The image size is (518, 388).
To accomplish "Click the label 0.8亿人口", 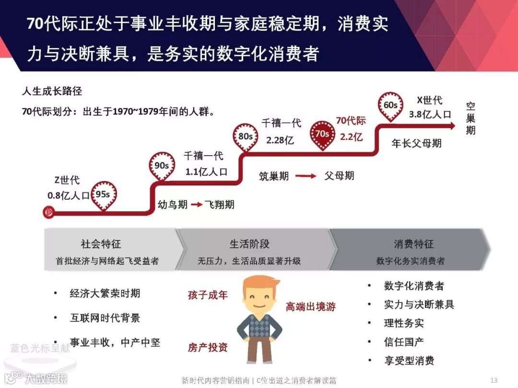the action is click(68, 195).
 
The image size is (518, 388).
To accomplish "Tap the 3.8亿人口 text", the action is click(430, 114).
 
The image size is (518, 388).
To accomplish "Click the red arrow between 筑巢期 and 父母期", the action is click(306, 176).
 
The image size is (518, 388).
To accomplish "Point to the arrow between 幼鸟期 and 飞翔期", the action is click(197, 205).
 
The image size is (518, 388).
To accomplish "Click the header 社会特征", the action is click(101, 244).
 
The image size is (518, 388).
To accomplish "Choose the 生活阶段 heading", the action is click(249, 244).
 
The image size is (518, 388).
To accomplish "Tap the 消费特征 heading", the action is click(413, 244).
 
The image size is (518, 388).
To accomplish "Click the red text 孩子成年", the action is click(208, 295).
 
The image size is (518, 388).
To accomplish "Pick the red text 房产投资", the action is click(208, 347).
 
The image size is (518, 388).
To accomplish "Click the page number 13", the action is click(494, 380).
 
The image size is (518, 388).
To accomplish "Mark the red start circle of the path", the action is click(48, 211).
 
